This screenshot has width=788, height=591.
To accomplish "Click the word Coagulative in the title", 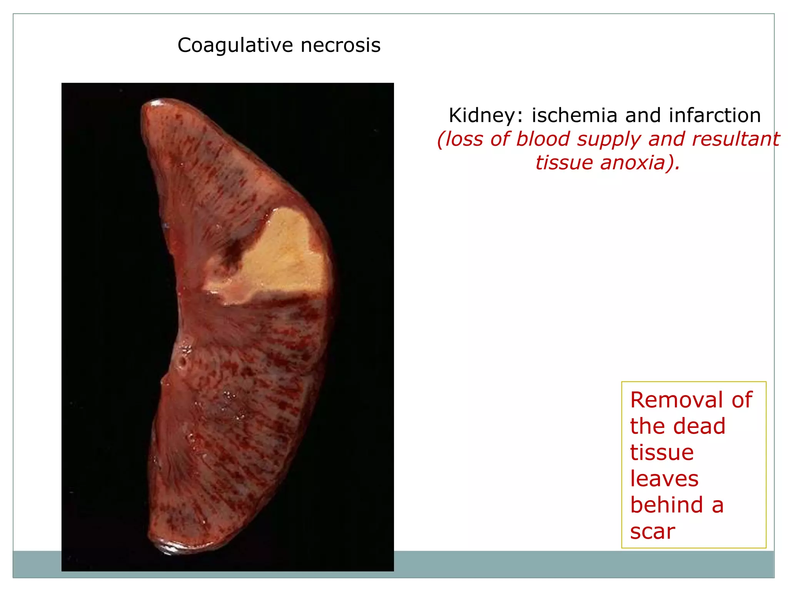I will click(235, 46).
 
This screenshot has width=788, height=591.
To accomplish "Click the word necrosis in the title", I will click(341, 46).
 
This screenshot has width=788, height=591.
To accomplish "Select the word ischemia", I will click(575, 115).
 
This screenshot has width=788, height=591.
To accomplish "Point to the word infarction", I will click(715, 115).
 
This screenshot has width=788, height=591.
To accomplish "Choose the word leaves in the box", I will click(664, 479).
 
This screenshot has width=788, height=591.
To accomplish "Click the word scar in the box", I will click(653, 532).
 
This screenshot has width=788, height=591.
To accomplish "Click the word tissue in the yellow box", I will click(662, 452).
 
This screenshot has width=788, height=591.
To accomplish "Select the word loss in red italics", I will click(464, 139).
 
